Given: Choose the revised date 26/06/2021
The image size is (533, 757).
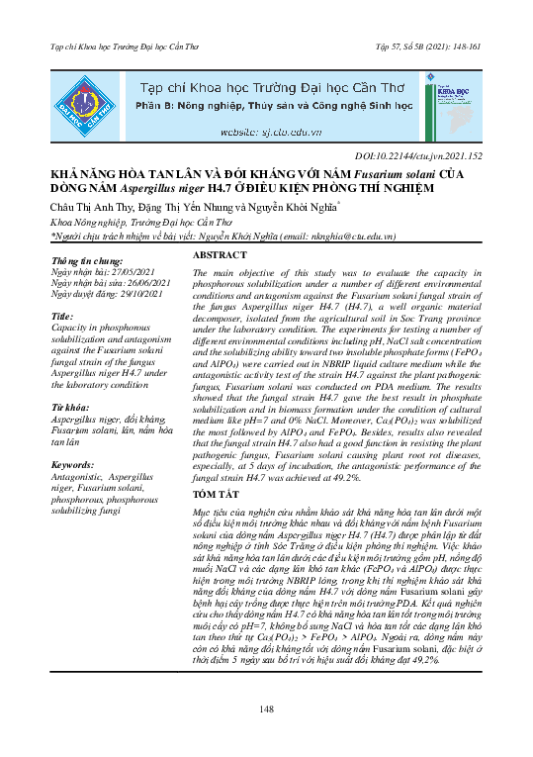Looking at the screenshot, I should pyautogui.click(x=135, y=282).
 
